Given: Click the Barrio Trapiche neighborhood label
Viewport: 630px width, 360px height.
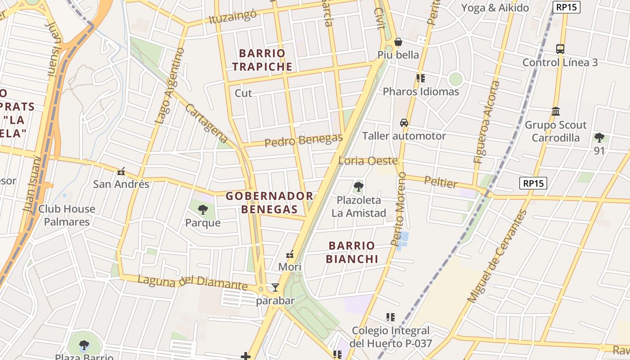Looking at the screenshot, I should (x=262, y=60).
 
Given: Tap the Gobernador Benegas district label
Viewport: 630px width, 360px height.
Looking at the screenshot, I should (x=269, y=202).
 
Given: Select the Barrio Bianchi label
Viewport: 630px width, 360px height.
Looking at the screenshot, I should (x=352, y=252).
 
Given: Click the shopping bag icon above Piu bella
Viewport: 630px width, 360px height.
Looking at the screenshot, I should (x=398, y=42).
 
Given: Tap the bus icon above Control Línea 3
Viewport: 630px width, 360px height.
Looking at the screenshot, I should (x=560, y=49).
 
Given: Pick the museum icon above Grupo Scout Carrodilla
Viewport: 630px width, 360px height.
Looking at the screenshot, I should (x=556, y=111).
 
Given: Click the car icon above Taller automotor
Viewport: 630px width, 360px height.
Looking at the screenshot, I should (x=404, y=123).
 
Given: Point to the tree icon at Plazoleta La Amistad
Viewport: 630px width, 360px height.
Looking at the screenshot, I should (x=359, y=187).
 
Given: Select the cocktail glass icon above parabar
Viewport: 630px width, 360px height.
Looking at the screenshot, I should (x=275, y=288).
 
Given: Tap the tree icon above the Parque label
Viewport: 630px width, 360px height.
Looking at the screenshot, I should (x=203, y=209).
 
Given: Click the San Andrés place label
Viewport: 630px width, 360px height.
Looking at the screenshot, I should (x=121, y=184).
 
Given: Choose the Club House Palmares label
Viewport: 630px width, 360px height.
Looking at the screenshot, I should (x=67, y=215).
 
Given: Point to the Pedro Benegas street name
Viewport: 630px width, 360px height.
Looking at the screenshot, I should (x=303, y=140).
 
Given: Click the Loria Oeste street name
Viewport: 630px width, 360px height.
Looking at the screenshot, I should (x=368, y=161).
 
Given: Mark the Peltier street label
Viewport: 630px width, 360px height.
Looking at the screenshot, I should (x=441, y=183).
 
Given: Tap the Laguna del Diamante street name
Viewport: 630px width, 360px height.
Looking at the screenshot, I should (x=193, y=282).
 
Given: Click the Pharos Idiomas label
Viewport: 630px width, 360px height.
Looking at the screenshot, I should (x=421, y=91).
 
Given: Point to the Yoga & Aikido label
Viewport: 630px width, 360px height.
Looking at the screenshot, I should (x=495, y=8).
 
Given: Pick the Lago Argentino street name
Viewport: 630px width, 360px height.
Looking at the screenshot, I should (x=170, y=86).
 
